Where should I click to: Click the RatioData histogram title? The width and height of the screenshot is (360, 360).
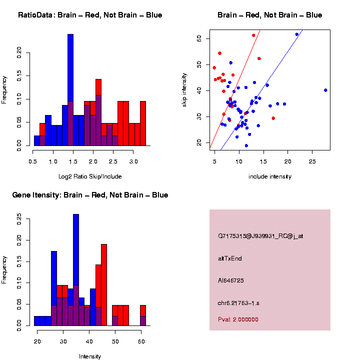(90, 15)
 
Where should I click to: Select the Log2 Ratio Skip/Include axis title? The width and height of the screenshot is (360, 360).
(89, 176)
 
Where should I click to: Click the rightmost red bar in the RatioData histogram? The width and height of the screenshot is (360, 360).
(143, 123)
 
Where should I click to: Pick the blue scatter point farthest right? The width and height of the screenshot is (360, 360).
(325, 90)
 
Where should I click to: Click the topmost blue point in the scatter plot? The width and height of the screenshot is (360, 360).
(296, 34)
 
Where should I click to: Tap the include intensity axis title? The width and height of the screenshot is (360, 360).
(270, 176)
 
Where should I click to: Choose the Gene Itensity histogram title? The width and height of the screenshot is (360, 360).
(90, 195)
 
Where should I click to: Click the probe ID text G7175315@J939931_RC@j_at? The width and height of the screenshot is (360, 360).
(260, 235)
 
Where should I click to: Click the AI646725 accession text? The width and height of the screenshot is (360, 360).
(231, 280)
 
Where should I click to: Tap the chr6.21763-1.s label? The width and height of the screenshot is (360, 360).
(238, 303)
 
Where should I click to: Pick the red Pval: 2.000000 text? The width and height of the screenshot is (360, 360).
(238, 319)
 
